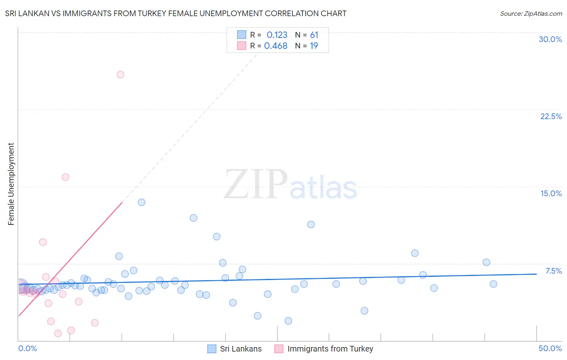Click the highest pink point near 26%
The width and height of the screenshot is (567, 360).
[120, 75]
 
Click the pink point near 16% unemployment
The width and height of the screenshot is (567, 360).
[65, 177]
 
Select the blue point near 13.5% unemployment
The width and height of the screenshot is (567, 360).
[142, 202]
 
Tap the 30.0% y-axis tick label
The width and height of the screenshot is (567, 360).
[550, 39]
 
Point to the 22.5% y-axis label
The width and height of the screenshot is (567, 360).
[551, 116]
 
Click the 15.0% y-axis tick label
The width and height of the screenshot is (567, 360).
[551, 193]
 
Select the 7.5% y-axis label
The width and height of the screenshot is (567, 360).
[553, 271]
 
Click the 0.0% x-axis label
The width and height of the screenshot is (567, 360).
[27, 348]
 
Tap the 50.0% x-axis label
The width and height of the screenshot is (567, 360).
[550, 348]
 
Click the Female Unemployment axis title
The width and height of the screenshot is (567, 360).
[11, 184]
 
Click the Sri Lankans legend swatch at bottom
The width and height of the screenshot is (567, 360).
[212, 349]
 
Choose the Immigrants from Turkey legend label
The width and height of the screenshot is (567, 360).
[330, 349]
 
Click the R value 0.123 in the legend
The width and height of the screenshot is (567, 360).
[277, 35]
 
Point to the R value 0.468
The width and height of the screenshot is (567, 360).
[276, 46]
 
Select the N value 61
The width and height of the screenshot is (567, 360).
[314, 35]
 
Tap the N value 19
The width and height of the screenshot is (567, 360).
[314, 46]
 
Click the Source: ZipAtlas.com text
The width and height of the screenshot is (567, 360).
[531, 14]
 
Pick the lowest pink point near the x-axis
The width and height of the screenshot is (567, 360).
[58, 333]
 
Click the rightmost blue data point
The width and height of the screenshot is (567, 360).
[493, 284]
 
